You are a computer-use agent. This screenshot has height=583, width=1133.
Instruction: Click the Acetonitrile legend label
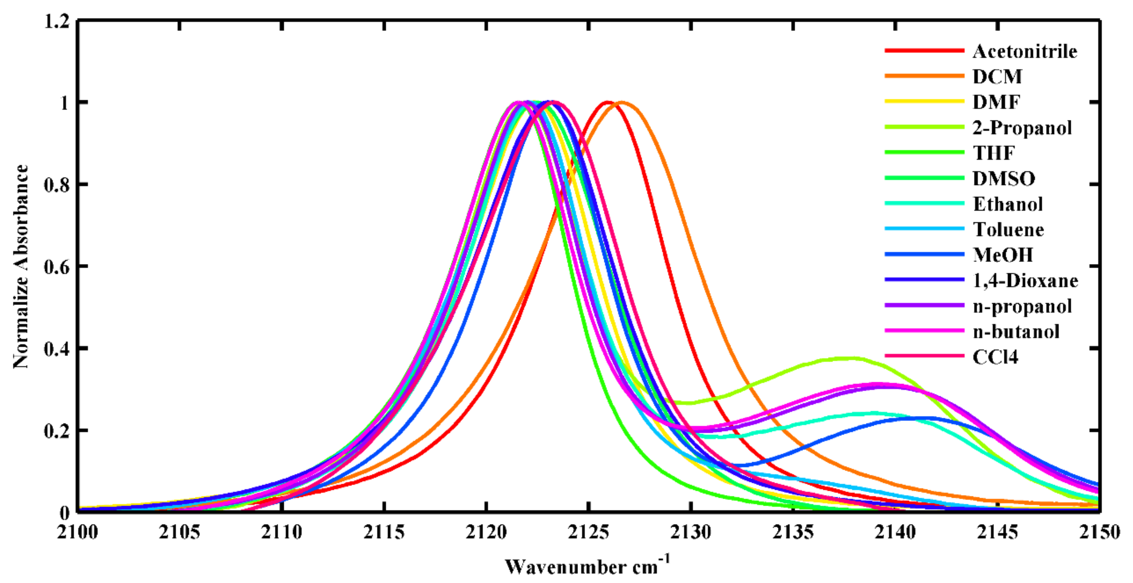[1025, 51]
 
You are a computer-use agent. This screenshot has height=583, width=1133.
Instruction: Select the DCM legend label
[997, 77]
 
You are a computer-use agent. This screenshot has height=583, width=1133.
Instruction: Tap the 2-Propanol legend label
[1022, 128]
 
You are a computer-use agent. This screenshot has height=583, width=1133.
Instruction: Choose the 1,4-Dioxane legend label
[1025, 281]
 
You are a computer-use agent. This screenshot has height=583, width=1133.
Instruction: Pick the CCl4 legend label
[996, 357]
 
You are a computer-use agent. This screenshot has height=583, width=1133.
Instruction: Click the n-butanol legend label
[1016, 331]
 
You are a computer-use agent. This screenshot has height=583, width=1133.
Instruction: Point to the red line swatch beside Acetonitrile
[924, 51]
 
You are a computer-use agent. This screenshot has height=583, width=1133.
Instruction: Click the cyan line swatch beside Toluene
[924, 229]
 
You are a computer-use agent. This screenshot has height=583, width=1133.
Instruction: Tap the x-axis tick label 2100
[78, 532]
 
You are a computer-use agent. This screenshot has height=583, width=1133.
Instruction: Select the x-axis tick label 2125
[588, 532]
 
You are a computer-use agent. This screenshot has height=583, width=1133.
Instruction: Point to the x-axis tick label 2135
[793, 532]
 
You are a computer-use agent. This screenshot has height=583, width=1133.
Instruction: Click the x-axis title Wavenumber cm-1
[587, 566]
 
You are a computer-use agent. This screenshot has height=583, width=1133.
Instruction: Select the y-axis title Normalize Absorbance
[21, 266]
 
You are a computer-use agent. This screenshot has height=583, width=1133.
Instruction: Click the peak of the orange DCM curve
[621, 102]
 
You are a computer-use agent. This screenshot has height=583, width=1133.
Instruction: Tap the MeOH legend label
[1002, 255]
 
